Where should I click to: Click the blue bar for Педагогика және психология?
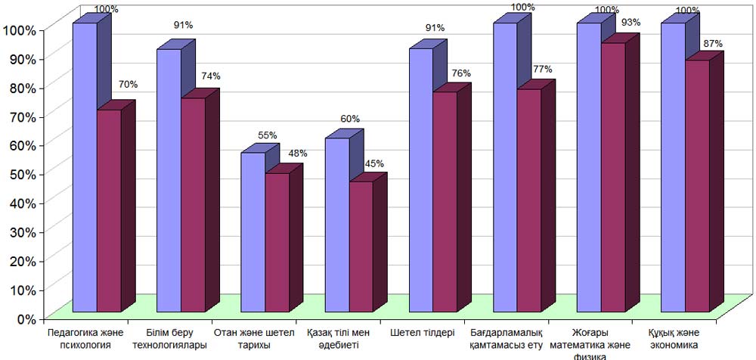[85, 166]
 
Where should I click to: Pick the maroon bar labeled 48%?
[277, 242]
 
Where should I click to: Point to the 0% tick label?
[21, 318]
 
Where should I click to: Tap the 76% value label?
[461, 73]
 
